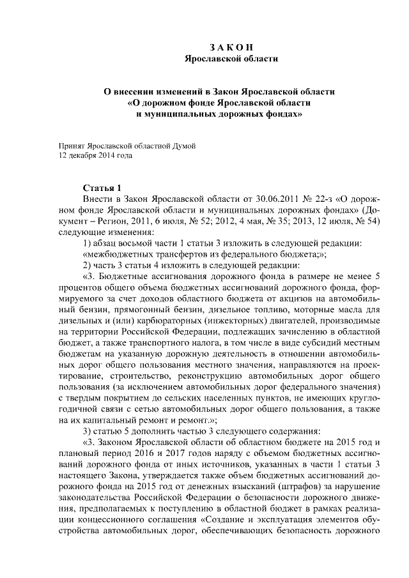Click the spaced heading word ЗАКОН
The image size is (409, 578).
pyautogui.click(x=231, y=48)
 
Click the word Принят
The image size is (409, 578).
pyautogui.click(x=71, y=146)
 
